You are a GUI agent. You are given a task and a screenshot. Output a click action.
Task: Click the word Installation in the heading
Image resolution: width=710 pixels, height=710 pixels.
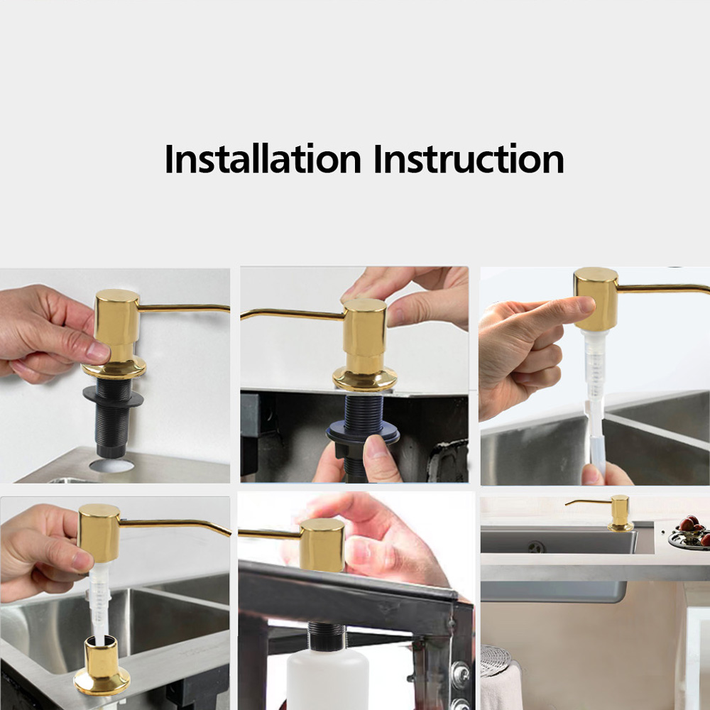(x=263, y=158)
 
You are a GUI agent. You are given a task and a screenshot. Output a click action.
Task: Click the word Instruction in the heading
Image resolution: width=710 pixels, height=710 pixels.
(x=469, y=158)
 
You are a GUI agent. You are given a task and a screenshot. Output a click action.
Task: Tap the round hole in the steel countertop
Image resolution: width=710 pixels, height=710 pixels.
(x=111, y=465)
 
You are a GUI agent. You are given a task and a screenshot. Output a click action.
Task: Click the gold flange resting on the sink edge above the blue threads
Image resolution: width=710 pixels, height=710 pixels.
(x=365, y=379)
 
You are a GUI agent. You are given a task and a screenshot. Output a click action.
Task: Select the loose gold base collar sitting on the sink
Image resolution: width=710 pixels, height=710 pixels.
(x=102, y=665)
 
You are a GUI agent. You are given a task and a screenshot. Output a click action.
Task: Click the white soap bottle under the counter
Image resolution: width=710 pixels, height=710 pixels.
(x=327, y=680)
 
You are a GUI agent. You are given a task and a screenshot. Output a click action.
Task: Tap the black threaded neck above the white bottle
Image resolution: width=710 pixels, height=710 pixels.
(x=326, y=636)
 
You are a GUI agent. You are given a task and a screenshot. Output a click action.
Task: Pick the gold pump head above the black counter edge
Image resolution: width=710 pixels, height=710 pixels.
(x=322, y=545)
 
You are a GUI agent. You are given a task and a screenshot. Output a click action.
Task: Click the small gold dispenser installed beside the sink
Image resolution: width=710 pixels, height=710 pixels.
(x=619, y=513)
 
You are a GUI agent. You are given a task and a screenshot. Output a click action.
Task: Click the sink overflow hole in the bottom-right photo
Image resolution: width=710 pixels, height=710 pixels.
(x=536, y=547)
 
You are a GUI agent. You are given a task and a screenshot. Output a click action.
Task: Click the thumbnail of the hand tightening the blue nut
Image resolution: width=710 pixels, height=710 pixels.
(x=354, y=374)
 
